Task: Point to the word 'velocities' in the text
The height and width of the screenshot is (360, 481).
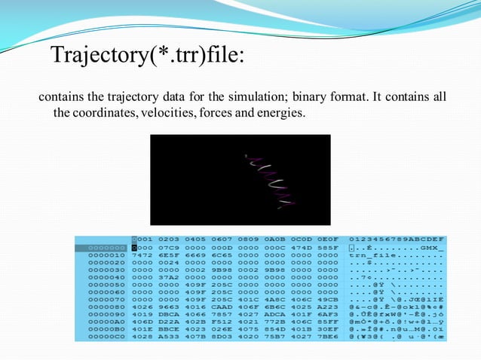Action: pos(159,113)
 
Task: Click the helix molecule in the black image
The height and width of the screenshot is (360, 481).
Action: pos(268,181)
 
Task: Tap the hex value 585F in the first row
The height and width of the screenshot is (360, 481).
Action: pos(323,247)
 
